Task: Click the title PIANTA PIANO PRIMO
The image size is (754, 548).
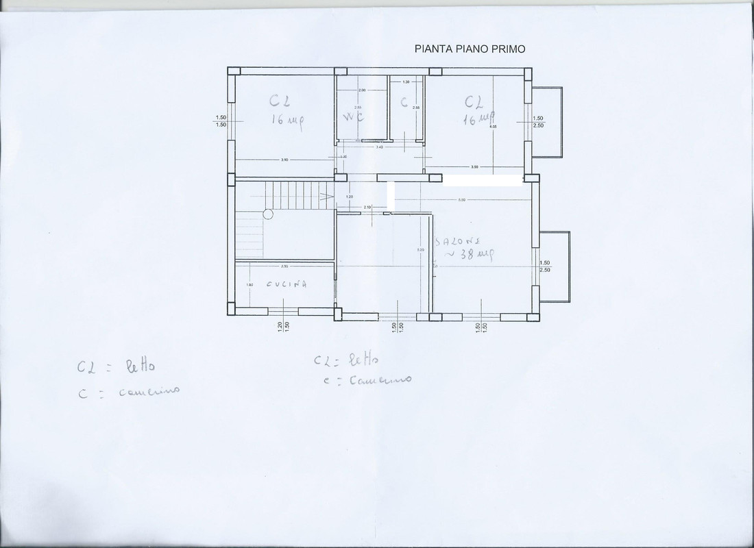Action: [x=470, y=49]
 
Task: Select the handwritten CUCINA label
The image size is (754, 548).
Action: [x=286, y=284]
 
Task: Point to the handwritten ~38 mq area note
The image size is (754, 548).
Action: [x=470, y=254]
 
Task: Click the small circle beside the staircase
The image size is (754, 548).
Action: [x=268, y=214]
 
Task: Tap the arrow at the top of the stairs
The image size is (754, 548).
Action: [x=328, y=197]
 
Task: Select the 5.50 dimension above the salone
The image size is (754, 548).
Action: [x=462, y=200]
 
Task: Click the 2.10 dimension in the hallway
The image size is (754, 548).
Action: [x=367, y=208]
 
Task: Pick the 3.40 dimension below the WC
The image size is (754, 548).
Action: [x=379, y=147]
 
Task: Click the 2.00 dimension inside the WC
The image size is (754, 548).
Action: [x=362, y=90]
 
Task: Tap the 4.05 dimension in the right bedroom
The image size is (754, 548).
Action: [x=492, y=127]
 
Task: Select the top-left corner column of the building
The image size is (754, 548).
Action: [x=234, y=71]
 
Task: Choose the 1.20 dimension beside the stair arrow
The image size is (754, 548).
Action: [x=349, y=197]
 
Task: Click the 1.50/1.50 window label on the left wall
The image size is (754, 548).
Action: [x=221, y=121]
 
